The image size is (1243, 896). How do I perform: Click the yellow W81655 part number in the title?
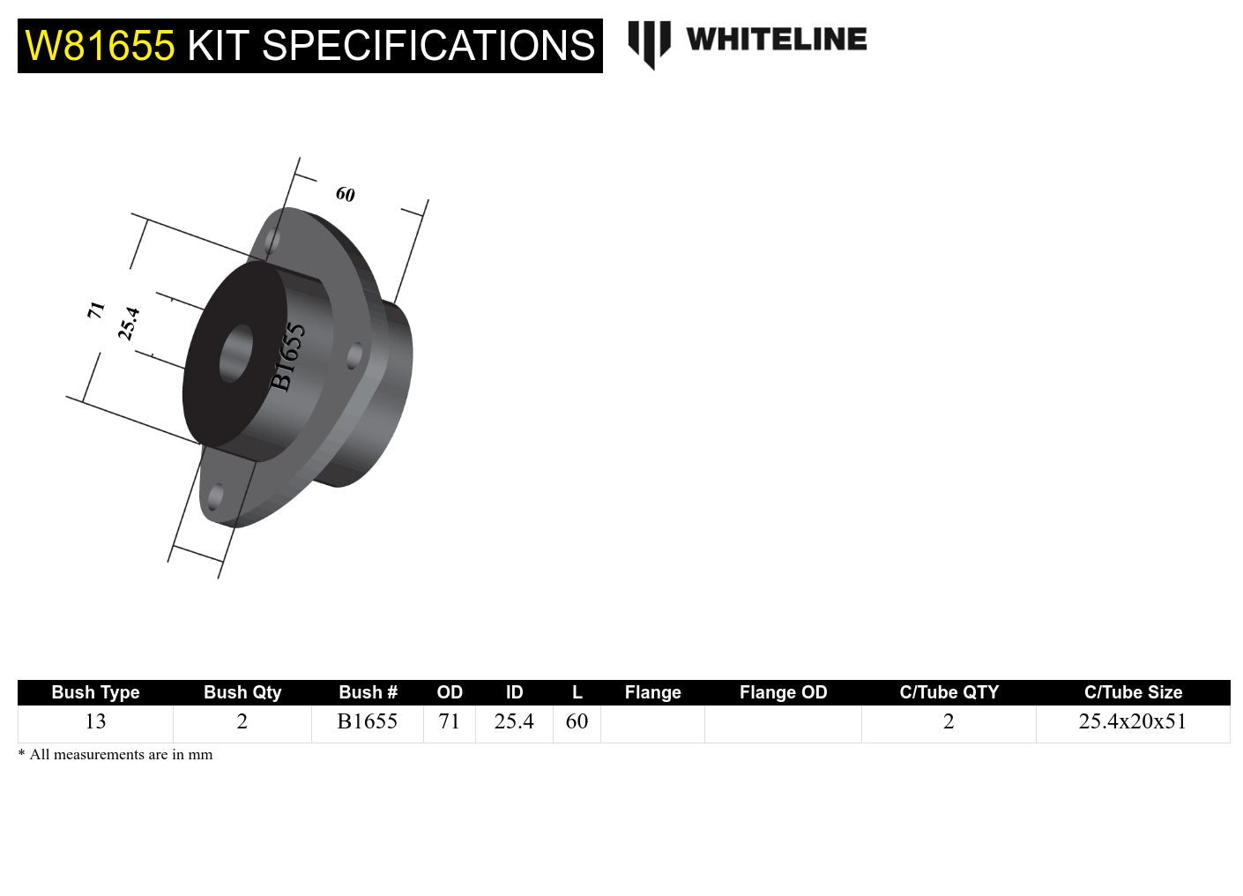100,46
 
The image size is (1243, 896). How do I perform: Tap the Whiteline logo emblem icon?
649,43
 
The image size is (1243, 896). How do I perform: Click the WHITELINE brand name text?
776,40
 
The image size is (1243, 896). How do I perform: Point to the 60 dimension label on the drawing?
346,194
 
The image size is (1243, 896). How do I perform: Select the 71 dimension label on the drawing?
96,310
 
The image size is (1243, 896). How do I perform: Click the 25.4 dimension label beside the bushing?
129,324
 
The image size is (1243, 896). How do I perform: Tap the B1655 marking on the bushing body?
287,356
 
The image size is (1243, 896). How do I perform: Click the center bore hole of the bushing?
234,354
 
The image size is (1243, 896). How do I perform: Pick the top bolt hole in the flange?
273,240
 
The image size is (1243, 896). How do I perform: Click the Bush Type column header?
95,692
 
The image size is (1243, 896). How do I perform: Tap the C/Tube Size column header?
1133,692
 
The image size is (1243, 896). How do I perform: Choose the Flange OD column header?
783,692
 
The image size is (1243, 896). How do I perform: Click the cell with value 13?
95,721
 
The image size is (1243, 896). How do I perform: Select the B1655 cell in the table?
367,721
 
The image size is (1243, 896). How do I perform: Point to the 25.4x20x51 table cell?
1132,721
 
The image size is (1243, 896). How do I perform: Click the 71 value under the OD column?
450,721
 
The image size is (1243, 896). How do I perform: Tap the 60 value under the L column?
577,721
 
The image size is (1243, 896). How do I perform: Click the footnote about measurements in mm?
115,755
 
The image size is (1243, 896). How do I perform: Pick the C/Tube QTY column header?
949,692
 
